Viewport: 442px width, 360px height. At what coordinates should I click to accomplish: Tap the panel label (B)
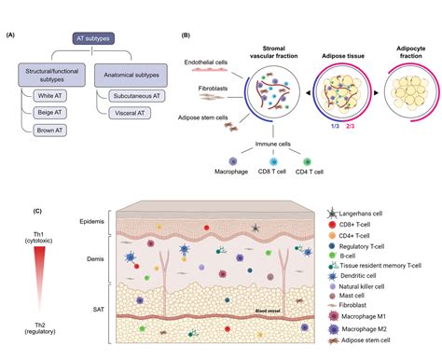(x=186, y=35)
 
